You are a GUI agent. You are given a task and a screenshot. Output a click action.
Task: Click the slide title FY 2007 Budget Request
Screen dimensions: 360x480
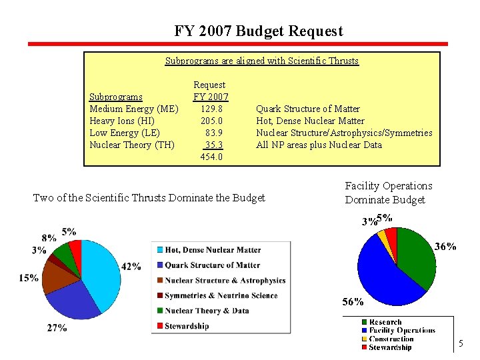click(259, 31)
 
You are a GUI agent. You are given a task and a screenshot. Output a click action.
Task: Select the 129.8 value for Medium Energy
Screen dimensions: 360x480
click(211, 109)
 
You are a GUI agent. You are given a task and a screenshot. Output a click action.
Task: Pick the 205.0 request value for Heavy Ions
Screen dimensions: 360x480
click(211, 121)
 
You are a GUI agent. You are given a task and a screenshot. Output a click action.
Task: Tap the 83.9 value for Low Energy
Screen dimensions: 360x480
click(213, 133)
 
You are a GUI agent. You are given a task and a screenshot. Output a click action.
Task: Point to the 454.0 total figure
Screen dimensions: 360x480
click(211, 157)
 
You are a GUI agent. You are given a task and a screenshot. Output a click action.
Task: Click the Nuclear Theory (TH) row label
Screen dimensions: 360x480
click(132, 145)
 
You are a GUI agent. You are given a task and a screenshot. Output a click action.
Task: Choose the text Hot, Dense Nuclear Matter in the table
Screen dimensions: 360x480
click(310, 121)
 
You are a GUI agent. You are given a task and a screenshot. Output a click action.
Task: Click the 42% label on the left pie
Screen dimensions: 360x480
click(131, 266)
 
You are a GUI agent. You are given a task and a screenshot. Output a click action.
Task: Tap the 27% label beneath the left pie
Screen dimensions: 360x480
click(57, 327)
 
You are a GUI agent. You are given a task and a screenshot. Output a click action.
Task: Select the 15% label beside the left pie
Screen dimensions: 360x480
click(29, 278)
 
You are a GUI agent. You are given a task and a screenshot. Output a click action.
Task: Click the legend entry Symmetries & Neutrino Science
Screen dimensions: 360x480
click(221, 295)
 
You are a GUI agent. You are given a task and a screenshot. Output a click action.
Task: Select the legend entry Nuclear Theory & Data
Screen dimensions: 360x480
click(207, 311)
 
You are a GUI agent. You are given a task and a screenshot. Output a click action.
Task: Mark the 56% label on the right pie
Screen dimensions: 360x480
click(353, 301)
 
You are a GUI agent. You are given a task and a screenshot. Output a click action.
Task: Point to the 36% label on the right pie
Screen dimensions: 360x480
click(445, 247)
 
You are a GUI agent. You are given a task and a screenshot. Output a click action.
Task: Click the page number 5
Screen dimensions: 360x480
click(460, 344)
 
